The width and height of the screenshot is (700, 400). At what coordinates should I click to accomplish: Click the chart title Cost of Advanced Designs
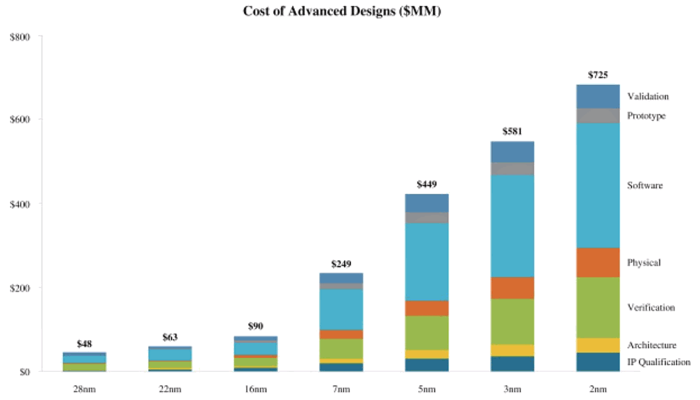[342, 12]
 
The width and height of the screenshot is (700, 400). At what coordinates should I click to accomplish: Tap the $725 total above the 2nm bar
[597, 75]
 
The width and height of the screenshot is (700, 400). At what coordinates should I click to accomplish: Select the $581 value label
[512, 132]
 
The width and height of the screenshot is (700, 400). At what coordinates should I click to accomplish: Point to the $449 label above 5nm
[427, 184]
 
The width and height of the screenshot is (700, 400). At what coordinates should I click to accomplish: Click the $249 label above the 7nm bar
[341, 264]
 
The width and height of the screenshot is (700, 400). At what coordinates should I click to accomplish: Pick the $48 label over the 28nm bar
[84, 344]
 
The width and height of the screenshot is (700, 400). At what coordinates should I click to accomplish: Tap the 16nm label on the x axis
[256, 389]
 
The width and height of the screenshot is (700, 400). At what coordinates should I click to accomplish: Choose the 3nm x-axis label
[512, 389]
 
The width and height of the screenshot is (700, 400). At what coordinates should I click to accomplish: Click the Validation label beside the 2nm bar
[647, 96]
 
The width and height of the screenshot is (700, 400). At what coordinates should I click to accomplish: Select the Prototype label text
[646, 116]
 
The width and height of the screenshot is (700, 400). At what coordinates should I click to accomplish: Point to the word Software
[644, 186]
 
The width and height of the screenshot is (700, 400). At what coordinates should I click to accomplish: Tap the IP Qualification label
[659, 362]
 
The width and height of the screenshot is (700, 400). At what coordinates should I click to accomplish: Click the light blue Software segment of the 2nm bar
[597, 185]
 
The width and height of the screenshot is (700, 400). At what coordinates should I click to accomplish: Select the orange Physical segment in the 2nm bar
[597, 262]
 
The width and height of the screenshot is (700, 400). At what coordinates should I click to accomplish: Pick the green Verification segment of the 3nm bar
[512, 321]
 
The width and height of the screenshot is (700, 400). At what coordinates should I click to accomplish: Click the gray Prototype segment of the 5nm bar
[427, 217]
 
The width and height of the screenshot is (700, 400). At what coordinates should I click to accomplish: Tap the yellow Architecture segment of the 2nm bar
[597, 345]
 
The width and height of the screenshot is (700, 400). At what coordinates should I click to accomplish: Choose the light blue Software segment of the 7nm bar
[341, 309]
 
